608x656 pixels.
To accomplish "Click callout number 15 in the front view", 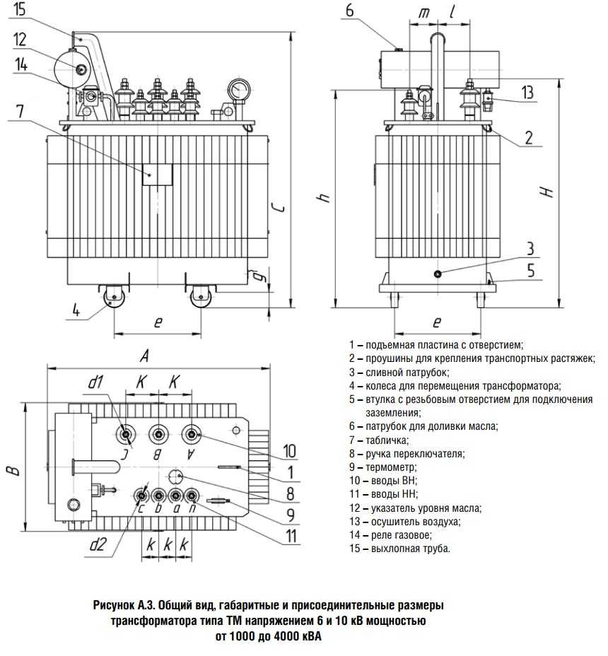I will (x=19, y=11).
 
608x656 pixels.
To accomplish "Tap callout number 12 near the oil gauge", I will (x=19, y=40).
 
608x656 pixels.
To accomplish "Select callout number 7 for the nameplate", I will (x=19, y=111).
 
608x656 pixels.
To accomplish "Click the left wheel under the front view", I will (x=112, y=297).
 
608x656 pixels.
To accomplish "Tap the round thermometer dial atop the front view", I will (x=239, y=90).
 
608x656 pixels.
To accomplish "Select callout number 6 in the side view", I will (x=351, y=11).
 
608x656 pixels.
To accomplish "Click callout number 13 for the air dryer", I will (x=527, y=93).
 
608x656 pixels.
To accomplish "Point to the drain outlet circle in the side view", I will (x=438, y=274).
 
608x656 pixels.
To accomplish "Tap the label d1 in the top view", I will (x=96, y=382).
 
